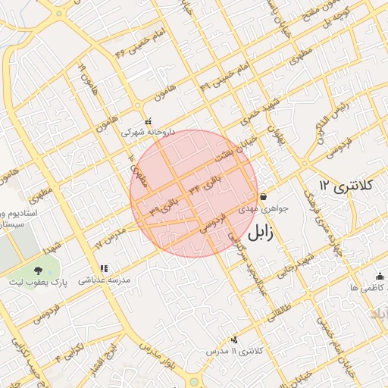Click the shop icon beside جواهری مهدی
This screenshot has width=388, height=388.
262,196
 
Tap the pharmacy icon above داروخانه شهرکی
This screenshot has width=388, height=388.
148,120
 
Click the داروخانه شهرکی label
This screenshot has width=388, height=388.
149,131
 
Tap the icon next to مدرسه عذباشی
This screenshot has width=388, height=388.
104,268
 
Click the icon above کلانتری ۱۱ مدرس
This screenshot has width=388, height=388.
234,339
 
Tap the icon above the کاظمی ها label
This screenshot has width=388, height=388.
380,277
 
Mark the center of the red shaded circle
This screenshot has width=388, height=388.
194,193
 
